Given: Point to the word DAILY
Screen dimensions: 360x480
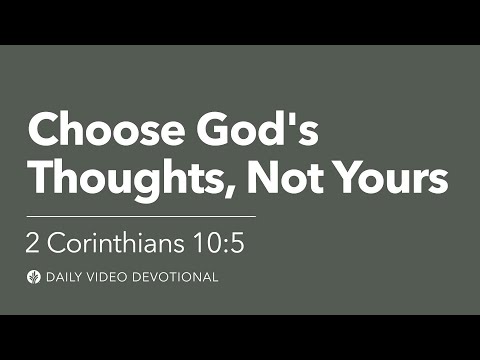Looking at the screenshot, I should click(x=68, y=277).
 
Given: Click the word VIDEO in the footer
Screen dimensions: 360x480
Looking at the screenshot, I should click(x=110, y=277).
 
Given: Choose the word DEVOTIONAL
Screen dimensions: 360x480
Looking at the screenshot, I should click(x=175, y=277).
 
